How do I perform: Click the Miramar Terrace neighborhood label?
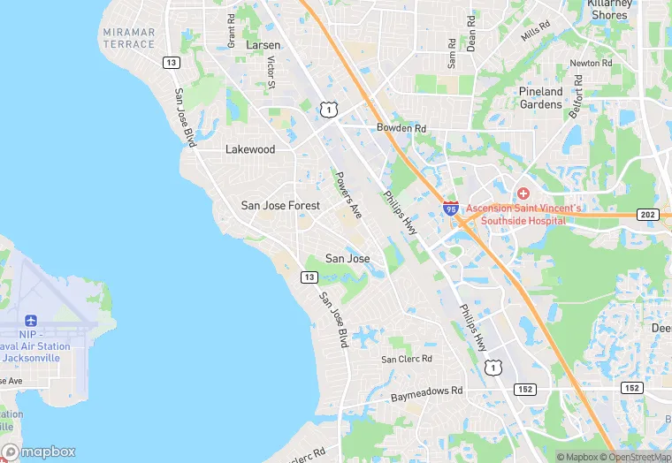pyautogui.click(x=128, y=38)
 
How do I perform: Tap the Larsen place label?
pyautogui.click(x=263, y=45)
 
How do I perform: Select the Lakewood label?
pyautogui.click(x=250, y=149)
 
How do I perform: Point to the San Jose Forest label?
pyautogui.click(x=279, y=205)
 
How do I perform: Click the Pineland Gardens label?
pyautogui.click(x=540, y=97)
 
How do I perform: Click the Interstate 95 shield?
pyautogui.click(x=451, y=209)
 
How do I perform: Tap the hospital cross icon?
pyautogui.click(x=523, y=193)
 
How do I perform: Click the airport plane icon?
pyautogui.click(x=32, y=320)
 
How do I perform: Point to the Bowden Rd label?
pyautogui.click(x=401, y=128)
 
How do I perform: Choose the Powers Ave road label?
pyautogui.click(x=347, y=194)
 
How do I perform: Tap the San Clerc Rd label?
pyautogui.click(x=407, y=359)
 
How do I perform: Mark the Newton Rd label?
pyautogui.click(x=591, y=64)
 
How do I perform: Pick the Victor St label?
pyautogui.click(x=271, y=72)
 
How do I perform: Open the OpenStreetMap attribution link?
pyautogui.click(x=633, y=457)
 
